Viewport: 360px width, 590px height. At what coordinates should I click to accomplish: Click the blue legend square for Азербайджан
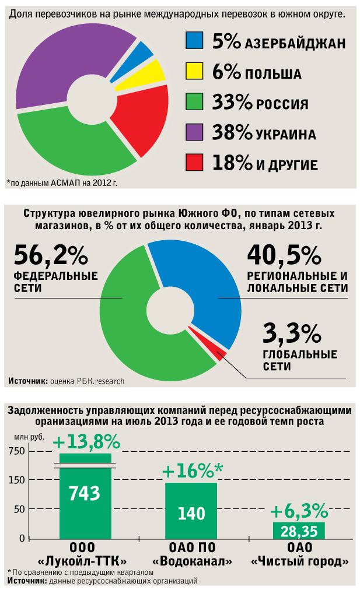point(194,40)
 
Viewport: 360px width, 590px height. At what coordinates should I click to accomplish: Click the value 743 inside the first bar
point(85,493)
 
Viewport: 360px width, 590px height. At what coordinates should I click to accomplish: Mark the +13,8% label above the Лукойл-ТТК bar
point(86,441)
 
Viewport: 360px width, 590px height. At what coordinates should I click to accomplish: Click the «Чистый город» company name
point(300,562)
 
